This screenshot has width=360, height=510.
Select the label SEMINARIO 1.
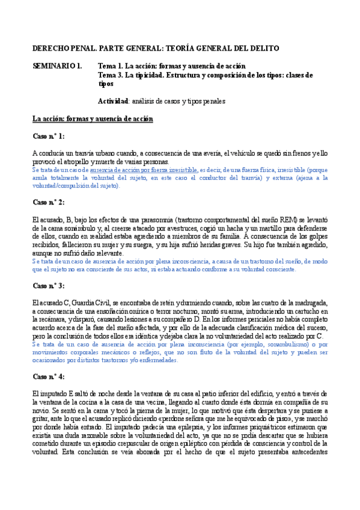57,66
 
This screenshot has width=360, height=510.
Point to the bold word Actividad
113,101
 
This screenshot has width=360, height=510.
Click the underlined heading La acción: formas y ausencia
93,119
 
